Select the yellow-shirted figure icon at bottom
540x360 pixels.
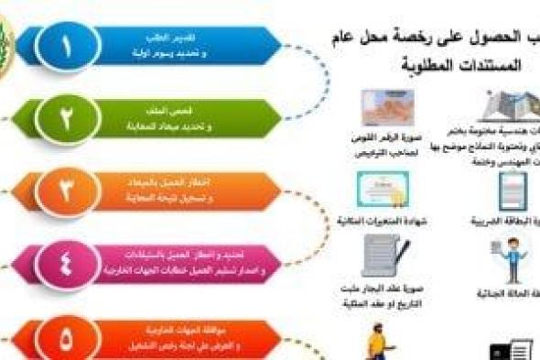(x=377, y=345)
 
